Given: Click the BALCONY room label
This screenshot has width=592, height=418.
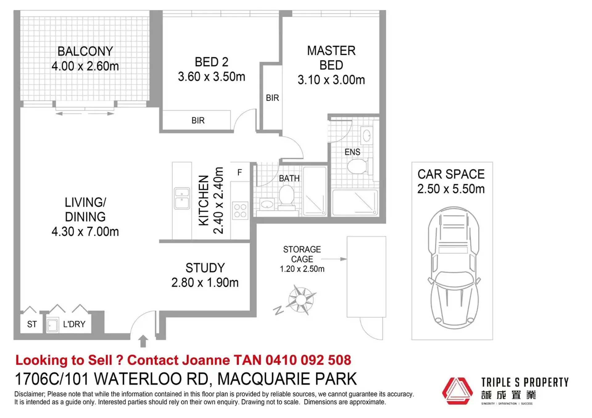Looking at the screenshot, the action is (x=85, y=51).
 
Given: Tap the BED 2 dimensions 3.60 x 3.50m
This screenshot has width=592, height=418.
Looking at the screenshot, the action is (x=211, y=76).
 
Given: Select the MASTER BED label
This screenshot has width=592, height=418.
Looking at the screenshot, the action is (x=331, y=58).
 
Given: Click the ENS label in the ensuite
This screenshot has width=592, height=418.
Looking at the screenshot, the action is (x=352, y=152).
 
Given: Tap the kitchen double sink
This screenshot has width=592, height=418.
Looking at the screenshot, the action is (x=182, y=198).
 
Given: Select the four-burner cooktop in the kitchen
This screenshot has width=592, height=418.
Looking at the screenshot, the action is (x=240, y=211).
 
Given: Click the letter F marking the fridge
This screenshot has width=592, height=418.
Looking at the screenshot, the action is (x=240, y=172).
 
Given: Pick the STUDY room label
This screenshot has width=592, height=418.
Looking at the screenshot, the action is (x=205, y=268).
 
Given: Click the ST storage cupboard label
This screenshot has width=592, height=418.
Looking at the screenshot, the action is (x=32, y=324).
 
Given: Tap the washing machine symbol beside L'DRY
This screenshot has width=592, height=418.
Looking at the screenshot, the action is (x=52, y=325).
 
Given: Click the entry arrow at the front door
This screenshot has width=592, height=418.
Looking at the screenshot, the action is (x=143, y=341).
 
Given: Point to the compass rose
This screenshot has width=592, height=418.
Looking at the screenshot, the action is (x=301, y=300).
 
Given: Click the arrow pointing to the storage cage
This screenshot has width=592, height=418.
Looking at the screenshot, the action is (x=334, y=259).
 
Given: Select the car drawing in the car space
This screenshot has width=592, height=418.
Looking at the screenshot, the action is (x=453, y=268).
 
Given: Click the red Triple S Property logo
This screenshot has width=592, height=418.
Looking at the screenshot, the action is (x=457, y=391).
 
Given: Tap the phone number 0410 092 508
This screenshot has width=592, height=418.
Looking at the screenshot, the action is (x=308, y=360).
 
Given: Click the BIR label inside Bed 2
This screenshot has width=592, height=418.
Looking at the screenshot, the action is (x=198, y=121).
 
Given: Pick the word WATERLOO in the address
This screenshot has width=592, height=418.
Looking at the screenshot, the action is (x=151, y=379).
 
